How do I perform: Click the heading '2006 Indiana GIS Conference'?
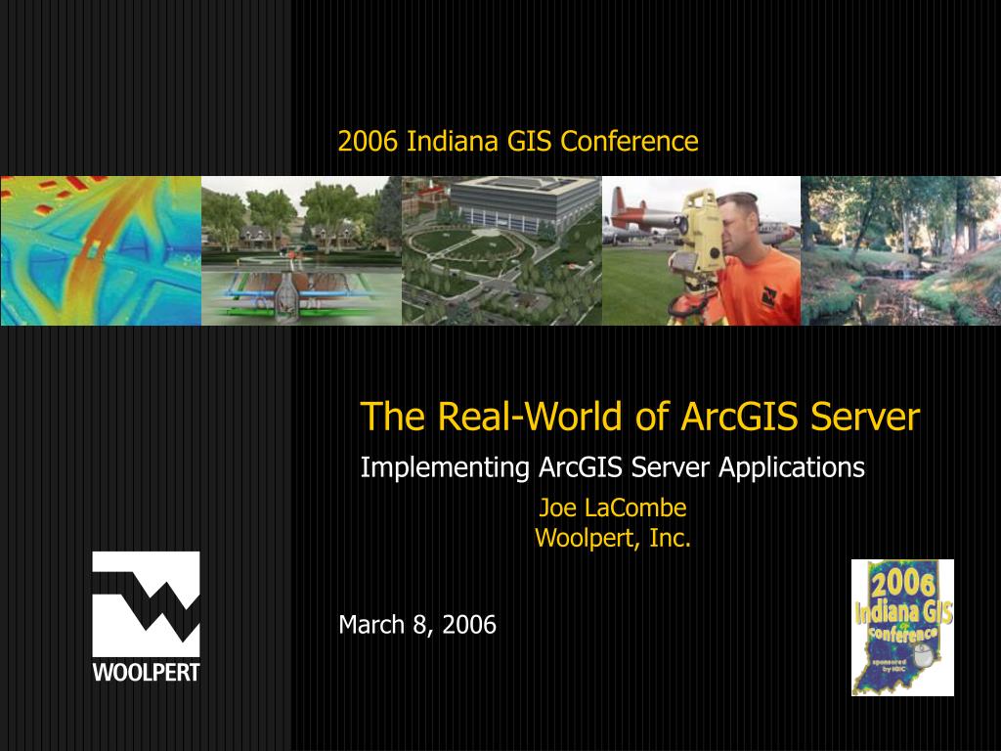pyautogui.click(x=518, y=142)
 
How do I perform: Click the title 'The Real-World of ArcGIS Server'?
pyautogui.click(x=639, y=417)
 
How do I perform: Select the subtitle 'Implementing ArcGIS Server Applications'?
pyautogui.click(x=612, y=468)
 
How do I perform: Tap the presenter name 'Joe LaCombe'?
pyautogui.click(x=612, y=508)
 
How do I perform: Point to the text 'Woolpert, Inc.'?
pyautogui.click(x=612, y=538)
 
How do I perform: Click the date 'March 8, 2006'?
pyautogui.click(x=417, y=625)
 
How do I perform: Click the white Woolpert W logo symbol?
pyautogui.click(x=146, y=603)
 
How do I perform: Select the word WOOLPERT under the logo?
pyautogui.click(x=146, y=673)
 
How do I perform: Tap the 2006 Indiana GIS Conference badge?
pyautogui.click(x=901, y=627)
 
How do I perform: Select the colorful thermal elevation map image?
pyautogui.click(x=100, y=250)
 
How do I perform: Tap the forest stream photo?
pyautogui.click(x=900, y=250)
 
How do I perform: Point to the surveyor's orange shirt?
pyautogui.click(x=758, y=288)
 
